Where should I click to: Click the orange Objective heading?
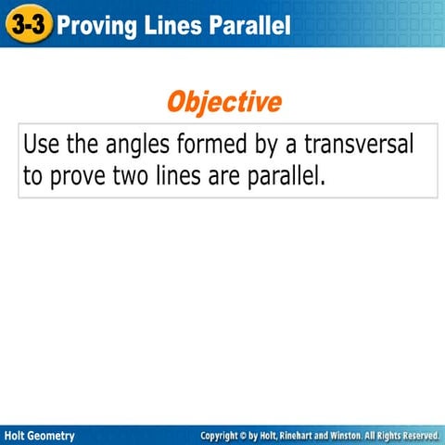223,102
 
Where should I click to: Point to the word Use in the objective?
42,146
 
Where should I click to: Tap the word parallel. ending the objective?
286,176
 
